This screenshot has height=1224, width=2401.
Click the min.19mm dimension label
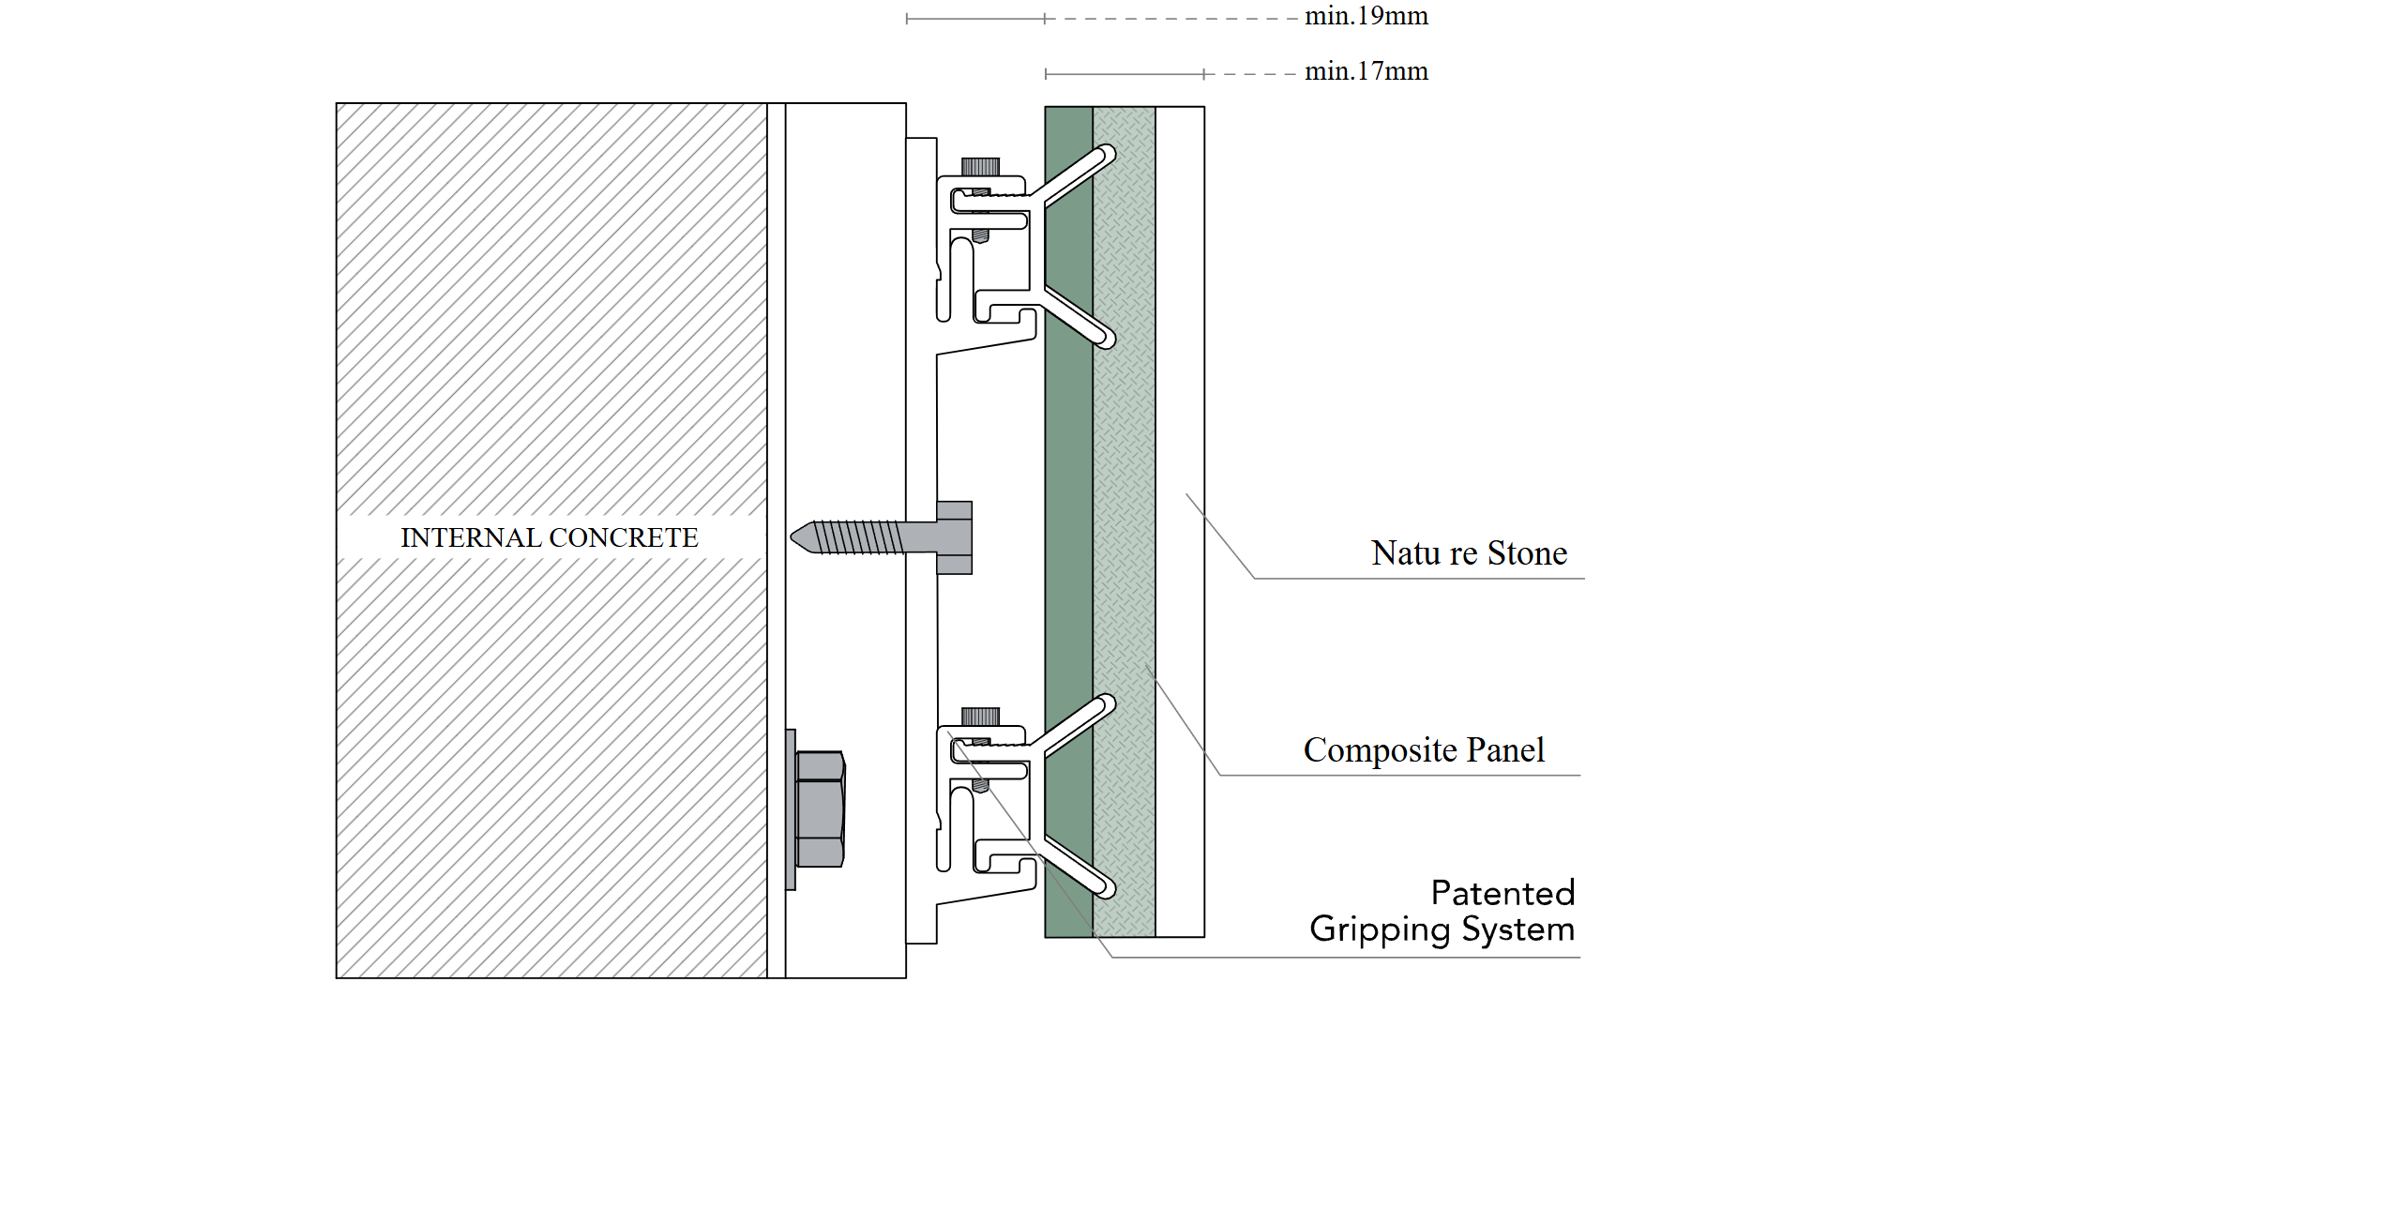point(1366,16)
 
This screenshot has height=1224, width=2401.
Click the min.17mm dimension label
point(1366,71)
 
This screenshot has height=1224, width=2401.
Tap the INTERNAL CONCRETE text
point(549,537)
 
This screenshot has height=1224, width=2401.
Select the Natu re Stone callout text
point(1468,553)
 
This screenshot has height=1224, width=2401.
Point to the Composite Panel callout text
point(1423,750)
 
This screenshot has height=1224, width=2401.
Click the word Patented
point(1502,893)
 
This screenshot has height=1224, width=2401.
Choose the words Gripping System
point(1442,929)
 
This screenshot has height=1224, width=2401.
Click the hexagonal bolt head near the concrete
point(820,808)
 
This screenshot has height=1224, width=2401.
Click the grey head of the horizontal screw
point(954,537)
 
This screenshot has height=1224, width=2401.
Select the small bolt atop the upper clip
point(980,167)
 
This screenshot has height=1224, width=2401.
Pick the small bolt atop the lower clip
point(980,717)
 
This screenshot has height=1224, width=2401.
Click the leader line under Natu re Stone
point(1416,579)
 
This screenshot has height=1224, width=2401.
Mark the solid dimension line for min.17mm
point(1124,73)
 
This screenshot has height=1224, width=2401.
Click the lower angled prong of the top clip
point(1079,318)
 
